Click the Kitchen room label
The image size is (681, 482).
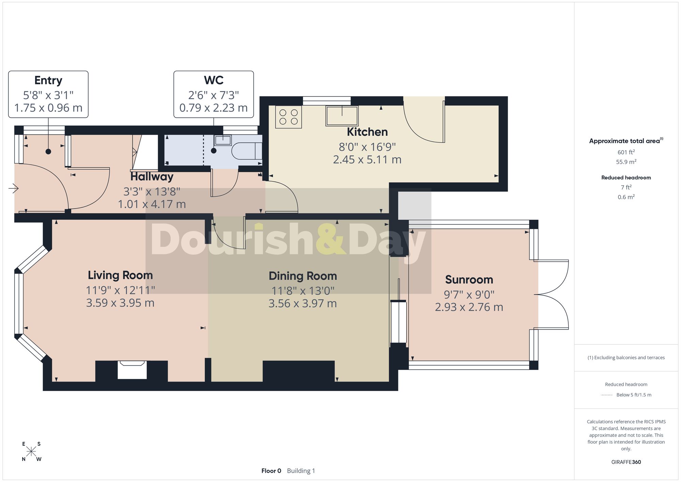click(x=367, y=132)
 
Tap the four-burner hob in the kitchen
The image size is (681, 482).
click(x=288, y=117)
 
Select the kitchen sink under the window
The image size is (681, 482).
click(x=342, y=116)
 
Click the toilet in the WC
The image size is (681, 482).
click(x=247, y=151)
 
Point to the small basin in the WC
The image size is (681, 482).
click(x=223, y=140)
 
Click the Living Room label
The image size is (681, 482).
click(x=120, y=275)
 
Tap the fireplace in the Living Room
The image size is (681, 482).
click(x=132, y=370)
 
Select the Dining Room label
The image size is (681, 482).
click(x=303, y=276)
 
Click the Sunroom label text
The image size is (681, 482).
click(x=469, y=280)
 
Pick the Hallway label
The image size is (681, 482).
click(x=152, y=176)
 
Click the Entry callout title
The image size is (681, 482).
click(x=48, y=80)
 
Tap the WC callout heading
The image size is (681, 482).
click(x=213, y=80)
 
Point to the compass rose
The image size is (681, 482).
click(x=31, y=452)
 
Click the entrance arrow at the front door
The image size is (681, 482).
click(x=13, y=188)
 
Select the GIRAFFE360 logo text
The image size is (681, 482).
click(x=626, y=462)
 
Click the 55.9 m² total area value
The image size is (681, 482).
click(x=626, y=162)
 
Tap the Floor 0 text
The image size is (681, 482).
click(x=271, y=471)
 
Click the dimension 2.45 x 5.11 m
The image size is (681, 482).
click(x=367, y=160)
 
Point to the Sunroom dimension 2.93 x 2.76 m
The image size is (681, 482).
click(x=469, y=307)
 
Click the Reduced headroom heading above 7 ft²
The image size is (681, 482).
click(x=626, y=177)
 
